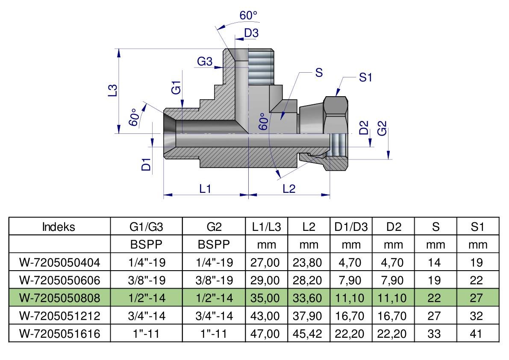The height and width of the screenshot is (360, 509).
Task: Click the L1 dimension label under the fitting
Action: click(x=205, y=188)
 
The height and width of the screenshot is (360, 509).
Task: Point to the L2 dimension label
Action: click(x=289, y=188)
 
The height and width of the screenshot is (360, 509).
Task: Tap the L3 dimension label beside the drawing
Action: click(x=113, y=90)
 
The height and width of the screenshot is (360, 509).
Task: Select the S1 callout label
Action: click(x=365, y=77)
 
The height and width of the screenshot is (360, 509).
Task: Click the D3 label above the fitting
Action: click(x=251, y=33)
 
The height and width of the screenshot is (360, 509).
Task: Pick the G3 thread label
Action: click(x=205, y=61)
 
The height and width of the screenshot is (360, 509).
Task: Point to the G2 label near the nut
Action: click(x=382, y=128)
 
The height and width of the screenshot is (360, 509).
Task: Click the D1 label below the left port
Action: click(x=147, y=164)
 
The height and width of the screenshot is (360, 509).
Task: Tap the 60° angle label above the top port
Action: click(x=248, y=15)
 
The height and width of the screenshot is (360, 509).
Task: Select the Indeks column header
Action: click(x=59, y=227)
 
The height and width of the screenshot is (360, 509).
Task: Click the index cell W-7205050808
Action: click(x=60, y=298)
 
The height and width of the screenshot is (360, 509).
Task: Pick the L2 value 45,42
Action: click(x=307, y=333)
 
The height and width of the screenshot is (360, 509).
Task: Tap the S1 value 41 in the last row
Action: click(x=476, y=333)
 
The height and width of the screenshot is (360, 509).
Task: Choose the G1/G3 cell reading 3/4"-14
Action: click(x=147, y=316)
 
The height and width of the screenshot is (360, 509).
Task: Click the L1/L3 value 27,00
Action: click(x=265, y=262)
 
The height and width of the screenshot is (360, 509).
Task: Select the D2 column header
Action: click(x=394, y=227)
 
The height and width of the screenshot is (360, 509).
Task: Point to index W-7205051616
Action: click(x=60, y=333)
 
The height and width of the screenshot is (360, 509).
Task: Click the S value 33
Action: click(x=434, y=333)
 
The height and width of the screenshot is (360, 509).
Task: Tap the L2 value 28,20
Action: click(x=307, y=280)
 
